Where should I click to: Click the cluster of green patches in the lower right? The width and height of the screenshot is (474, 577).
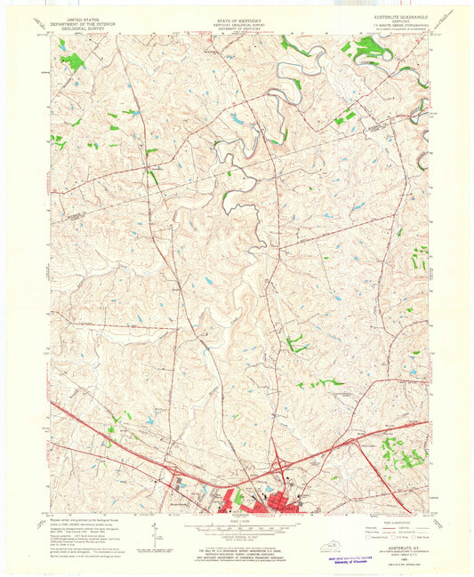(400, 453)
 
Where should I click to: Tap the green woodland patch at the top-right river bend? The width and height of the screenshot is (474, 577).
(366, 49)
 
